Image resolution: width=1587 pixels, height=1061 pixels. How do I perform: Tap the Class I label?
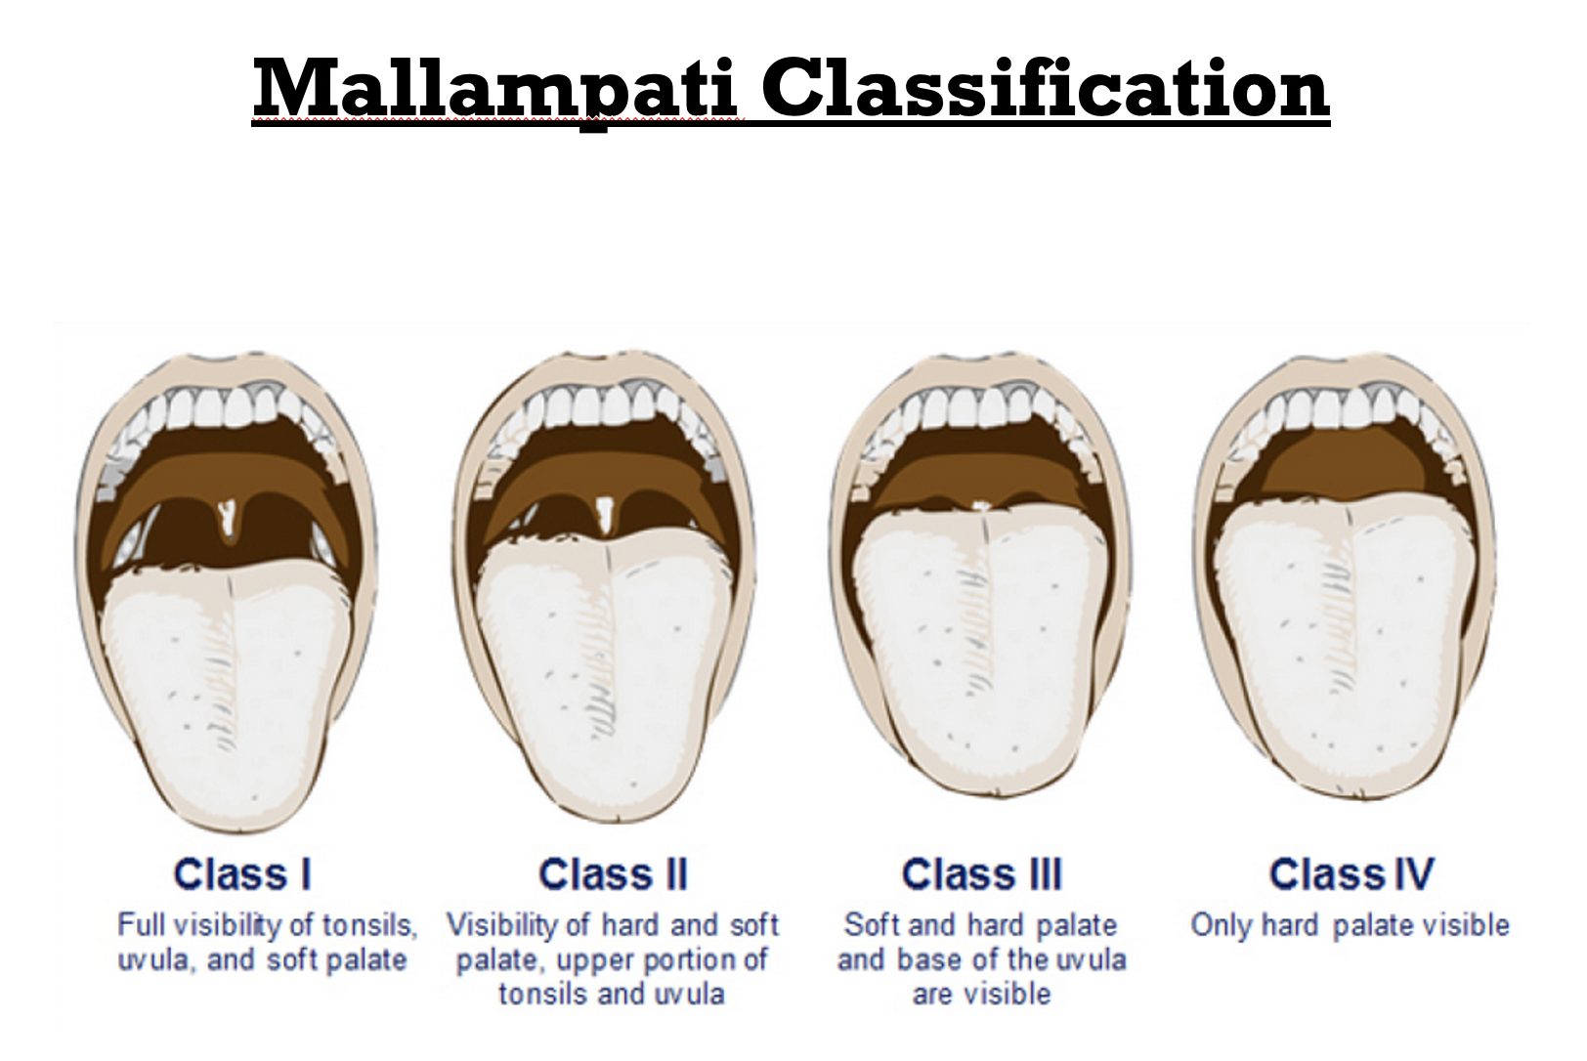coord(242,874)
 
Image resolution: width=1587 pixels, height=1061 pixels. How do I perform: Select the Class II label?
coord(613,874)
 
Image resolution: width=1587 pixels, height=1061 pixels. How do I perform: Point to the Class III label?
coord(982,874)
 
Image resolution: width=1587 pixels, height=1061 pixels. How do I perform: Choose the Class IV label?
coord(1351,874)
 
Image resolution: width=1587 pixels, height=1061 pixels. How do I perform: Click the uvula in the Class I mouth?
coord(227,522)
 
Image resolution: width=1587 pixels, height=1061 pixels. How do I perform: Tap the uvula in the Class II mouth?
coord(605,514)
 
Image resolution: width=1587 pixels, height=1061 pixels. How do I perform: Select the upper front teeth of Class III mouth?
coord(982,403)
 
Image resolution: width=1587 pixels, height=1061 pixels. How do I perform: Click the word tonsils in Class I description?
coord(369,926)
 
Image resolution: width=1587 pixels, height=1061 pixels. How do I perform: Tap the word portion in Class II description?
coord(716,961)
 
